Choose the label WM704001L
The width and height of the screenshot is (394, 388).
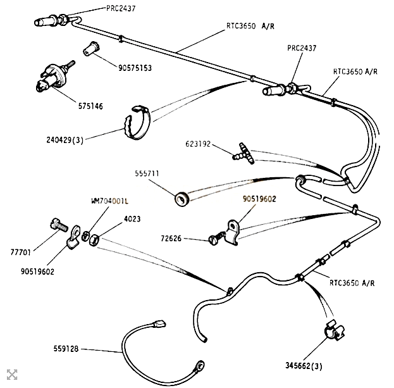109,201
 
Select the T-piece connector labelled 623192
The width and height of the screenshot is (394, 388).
242,152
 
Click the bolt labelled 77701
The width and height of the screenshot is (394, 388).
58,223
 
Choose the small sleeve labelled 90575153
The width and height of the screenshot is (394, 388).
90,48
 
